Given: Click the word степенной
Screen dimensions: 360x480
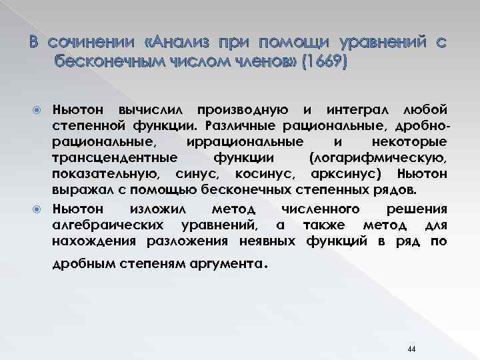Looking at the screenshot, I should tap(87, 125).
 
